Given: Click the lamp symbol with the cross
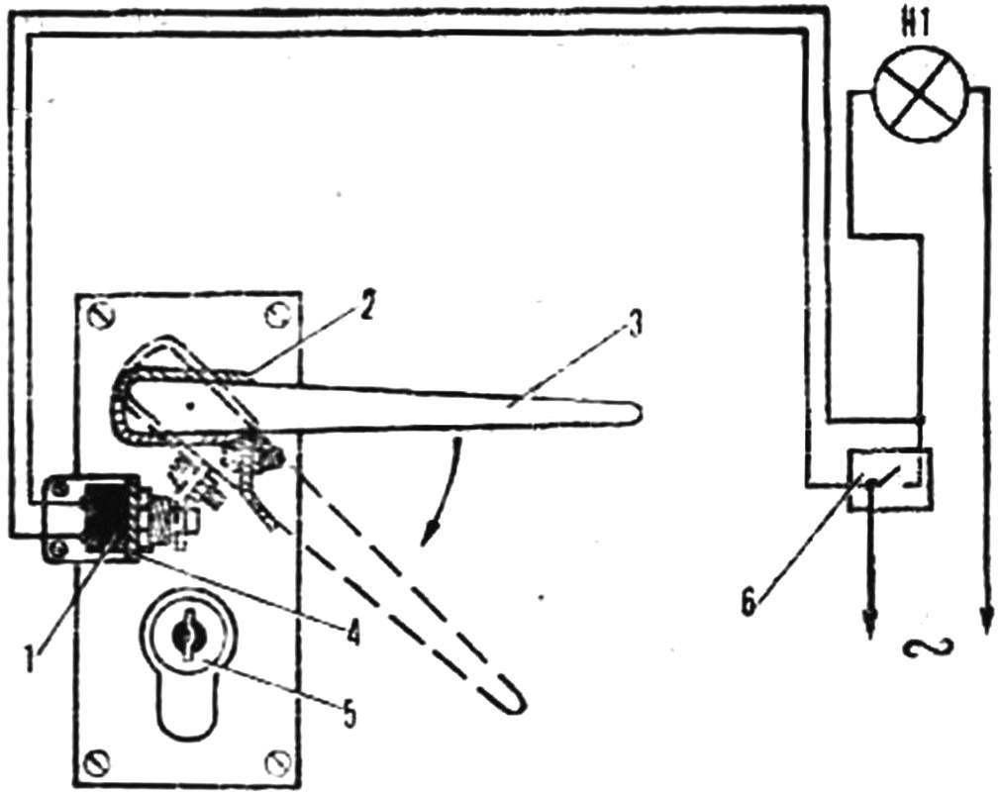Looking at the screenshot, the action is (x=922, y=94).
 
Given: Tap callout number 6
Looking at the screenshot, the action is (x=749, y=600).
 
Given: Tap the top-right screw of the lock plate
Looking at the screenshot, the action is (x=278, y=314).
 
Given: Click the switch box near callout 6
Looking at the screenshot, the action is (x=890, y=478).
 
